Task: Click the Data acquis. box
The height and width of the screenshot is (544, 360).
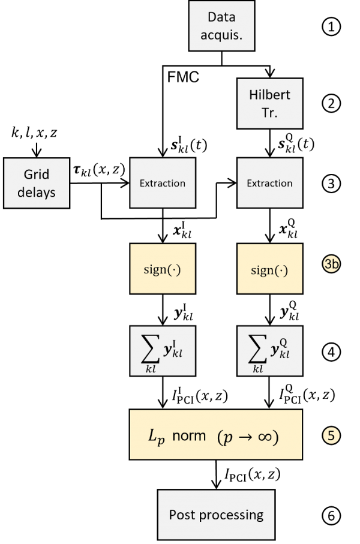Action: [222, 25]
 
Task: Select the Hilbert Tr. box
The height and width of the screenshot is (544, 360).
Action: [269, 103]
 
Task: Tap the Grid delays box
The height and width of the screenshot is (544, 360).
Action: [37, 183]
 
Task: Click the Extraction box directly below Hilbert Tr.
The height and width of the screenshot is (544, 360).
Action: [269, 183]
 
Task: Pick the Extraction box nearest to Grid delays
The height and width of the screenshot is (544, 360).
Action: [163, 183]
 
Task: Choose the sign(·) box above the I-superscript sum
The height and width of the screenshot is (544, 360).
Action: [163, 269]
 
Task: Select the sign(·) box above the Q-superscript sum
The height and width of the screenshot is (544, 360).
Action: [269, 269]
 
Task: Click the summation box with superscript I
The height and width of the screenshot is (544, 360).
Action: [163, 351]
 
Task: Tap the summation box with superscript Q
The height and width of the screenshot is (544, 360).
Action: [269, 351]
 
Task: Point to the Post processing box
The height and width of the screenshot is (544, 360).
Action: [216, 514]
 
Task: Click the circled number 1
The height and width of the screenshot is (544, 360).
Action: [331, 27]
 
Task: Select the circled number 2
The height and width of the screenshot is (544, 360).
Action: [331, 104]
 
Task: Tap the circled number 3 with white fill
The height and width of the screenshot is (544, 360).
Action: [331, 184]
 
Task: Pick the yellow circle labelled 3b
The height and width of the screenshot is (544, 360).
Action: [331, 264]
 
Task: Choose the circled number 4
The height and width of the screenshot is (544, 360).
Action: [331, 351]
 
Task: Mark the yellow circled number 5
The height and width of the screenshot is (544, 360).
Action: [331, 435]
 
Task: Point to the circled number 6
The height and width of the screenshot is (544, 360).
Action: [331, 515]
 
